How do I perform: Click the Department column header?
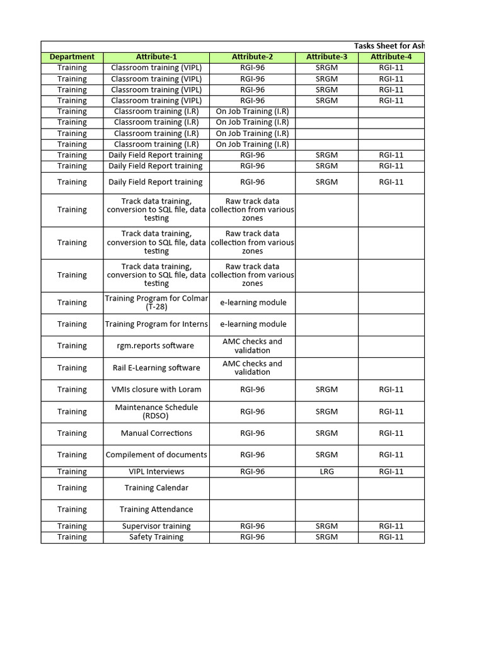72,57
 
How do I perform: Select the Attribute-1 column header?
156,57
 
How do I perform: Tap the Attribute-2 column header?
252,57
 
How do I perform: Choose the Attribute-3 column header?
326,57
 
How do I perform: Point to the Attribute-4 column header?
391,57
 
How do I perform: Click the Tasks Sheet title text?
389,46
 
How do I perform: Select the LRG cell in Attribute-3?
326,471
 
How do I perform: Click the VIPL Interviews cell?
156,471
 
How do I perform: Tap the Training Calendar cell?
156,488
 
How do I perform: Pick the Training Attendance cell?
156,509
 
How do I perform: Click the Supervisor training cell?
156,526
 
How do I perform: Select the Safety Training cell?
156,537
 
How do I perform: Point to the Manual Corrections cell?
156,433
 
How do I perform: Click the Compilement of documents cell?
156,454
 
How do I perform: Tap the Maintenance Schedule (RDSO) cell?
156,411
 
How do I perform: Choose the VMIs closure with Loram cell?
156,389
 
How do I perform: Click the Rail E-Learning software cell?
156,368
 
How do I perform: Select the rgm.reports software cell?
156,346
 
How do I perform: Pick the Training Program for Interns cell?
156,324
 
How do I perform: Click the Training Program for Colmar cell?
156,302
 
